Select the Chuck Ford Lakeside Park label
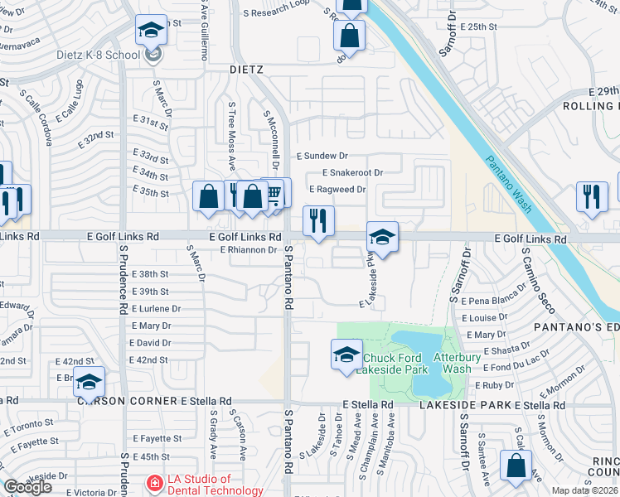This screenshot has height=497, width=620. tap(396, 364)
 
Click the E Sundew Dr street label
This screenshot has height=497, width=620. tap(323, 156)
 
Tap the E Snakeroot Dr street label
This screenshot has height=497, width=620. tap(352, 173)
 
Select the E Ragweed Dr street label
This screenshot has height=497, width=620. tap(337, 190)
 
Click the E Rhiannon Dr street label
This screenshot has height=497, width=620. tap(248, 250)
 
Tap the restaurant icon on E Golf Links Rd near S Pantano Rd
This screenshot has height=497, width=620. tap(318, 222)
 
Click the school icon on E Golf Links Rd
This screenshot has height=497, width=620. tap(383, 237)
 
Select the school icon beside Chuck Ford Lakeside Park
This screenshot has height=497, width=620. tap(346, 355)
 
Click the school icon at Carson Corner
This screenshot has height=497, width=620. tap(90, 382)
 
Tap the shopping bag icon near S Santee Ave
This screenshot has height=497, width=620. tap(516, 466)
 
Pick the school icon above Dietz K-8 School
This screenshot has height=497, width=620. tap(151, 31)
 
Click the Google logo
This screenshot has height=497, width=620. tap(27, 487)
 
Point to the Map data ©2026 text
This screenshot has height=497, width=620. tap(584, 490)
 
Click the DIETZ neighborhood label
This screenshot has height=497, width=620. tap(246, 71)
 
